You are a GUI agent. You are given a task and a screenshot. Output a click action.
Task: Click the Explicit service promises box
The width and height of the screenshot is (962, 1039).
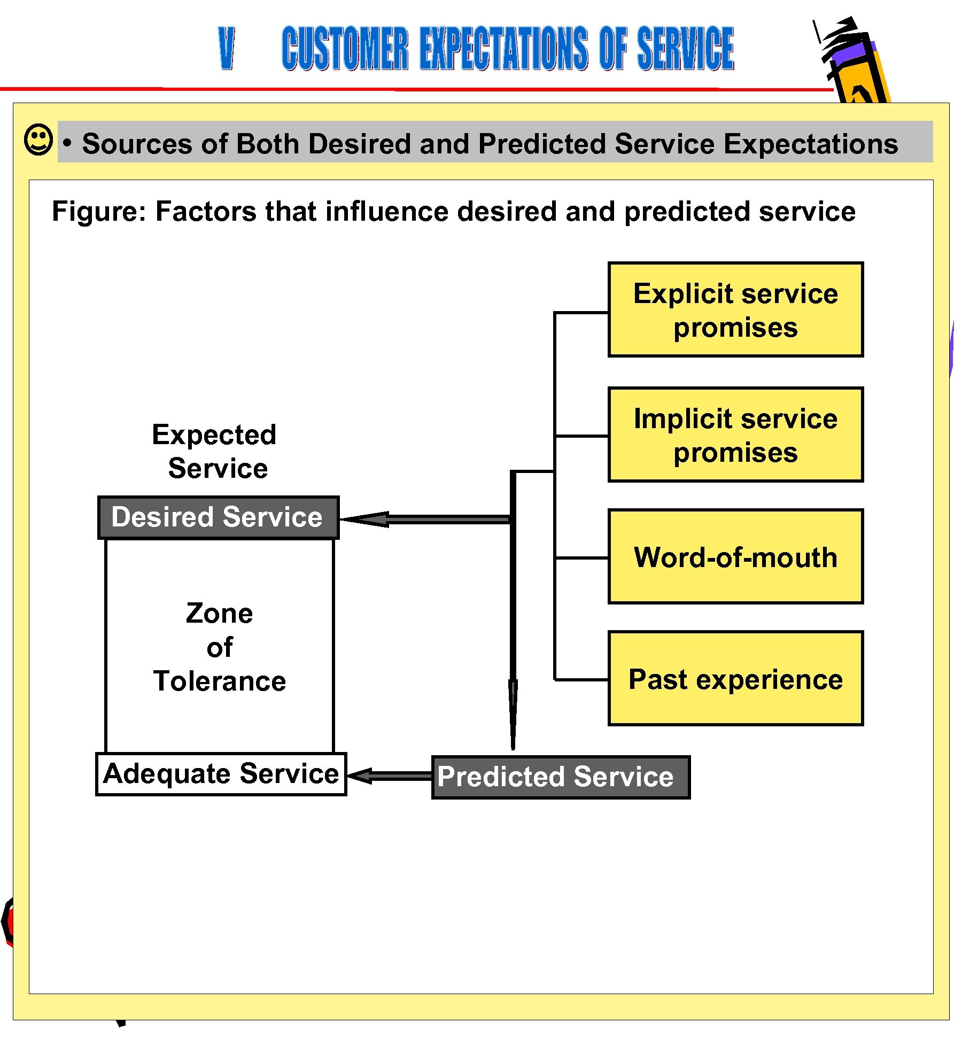735,309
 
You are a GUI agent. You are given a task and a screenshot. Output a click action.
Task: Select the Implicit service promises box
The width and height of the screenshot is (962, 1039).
735,435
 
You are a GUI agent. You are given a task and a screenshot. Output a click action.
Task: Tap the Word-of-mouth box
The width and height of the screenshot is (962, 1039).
735,556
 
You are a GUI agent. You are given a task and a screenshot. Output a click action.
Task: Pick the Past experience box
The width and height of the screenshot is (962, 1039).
735,678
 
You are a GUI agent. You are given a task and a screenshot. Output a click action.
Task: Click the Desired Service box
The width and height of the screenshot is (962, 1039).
218,517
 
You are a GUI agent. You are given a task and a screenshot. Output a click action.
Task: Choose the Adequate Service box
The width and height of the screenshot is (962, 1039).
221,773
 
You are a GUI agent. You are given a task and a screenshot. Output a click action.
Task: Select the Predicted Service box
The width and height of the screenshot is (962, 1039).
560,777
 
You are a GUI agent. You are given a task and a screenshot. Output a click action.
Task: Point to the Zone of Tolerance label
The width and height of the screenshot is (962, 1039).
220,647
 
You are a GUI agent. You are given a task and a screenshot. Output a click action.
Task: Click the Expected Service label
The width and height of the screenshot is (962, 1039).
215,451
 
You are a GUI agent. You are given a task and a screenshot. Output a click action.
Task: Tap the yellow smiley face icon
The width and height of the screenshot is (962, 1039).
38,140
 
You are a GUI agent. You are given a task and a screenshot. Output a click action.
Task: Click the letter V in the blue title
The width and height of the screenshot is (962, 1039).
227,48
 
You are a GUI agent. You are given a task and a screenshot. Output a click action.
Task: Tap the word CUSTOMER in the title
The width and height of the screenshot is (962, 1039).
345,48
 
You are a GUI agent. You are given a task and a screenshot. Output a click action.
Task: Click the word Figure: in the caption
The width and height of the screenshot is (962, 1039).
98,211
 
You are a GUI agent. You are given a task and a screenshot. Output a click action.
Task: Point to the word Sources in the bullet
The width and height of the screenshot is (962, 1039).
137,144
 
